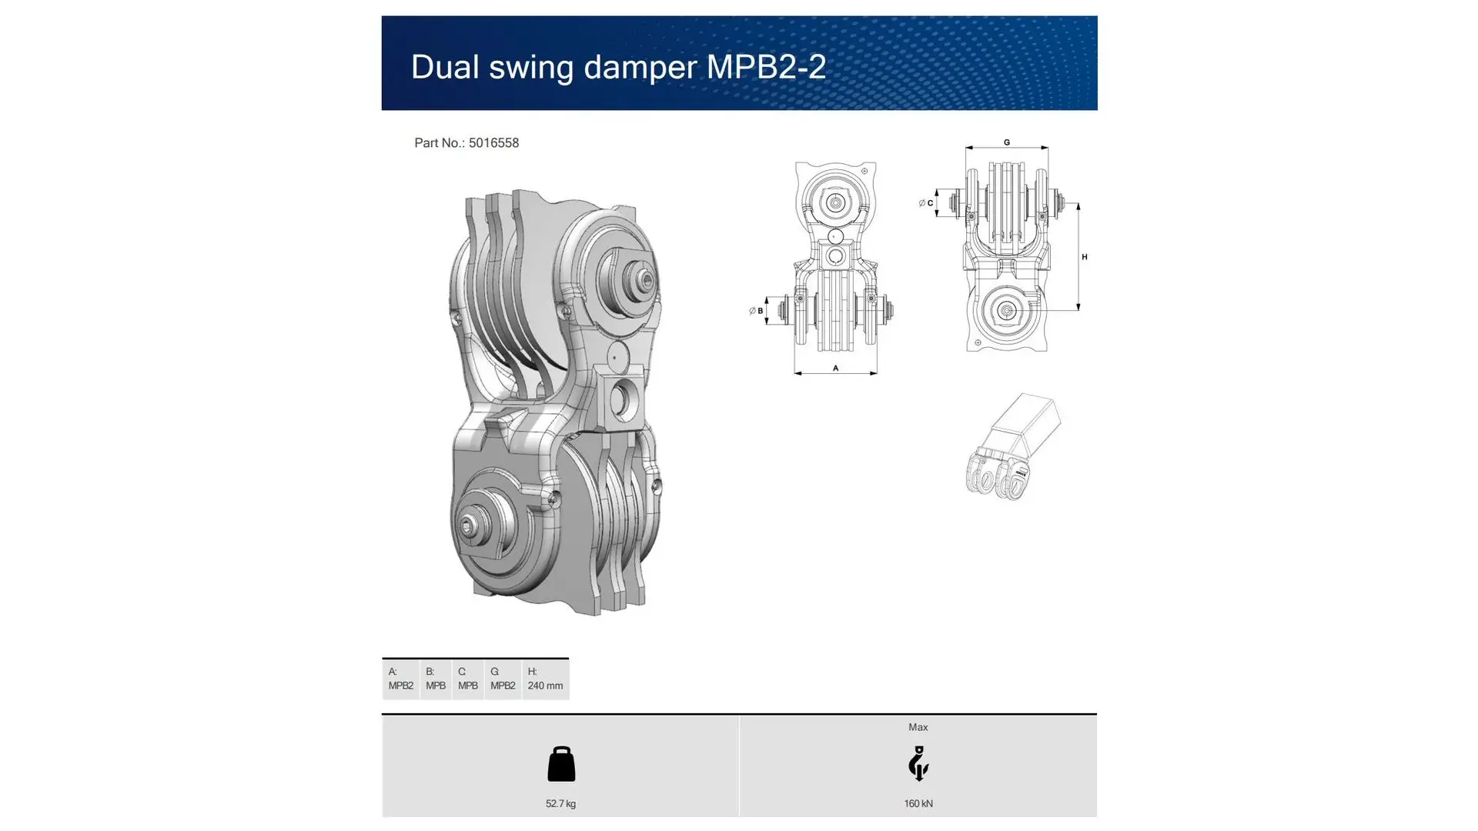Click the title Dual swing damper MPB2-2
pos(618,67)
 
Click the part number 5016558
pos(493,143)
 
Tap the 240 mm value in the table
pos(545,686)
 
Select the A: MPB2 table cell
pos(401,679)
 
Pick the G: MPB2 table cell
pos(503,679)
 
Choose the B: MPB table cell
pos(436,679)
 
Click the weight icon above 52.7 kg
pos(561,764)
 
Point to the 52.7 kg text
pos(560,804)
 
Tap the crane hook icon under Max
pos(918,763)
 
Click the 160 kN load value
pos(918,804)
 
